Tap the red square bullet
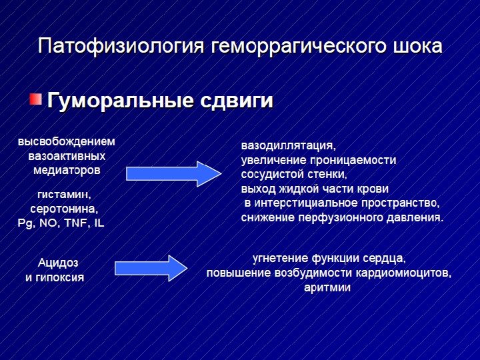point(35,100)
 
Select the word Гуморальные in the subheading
point(121,101)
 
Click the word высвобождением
point(67,142)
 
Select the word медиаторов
point(67,170)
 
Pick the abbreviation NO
point(48,222)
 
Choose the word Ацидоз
point(58,263)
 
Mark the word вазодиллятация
point(288,145)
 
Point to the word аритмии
point(327,287)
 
